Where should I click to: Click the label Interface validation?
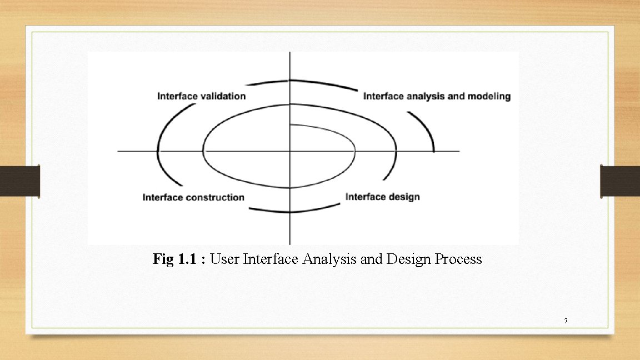(201, 96)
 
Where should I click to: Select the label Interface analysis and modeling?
(437, 96)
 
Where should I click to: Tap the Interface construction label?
(193, 197)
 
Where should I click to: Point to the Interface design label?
(382, 197)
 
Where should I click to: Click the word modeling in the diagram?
(488, 96)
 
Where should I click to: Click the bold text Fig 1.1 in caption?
(177, 259)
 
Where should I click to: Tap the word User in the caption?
(225, 259)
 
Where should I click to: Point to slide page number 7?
(566, 321)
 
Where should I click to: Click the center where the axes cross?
(289, 151)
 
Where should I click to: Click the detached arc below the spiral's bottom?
(294, 210)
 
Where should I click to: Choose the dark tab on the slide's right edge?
(620, 181)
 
